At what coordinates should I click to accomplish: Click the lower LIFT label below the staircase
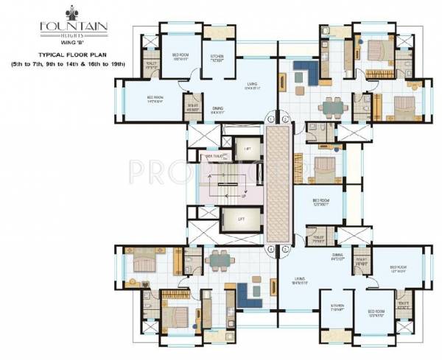[x=241, y=219]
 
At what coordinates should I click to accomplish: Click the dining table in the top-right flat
[x=331, y=107]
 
